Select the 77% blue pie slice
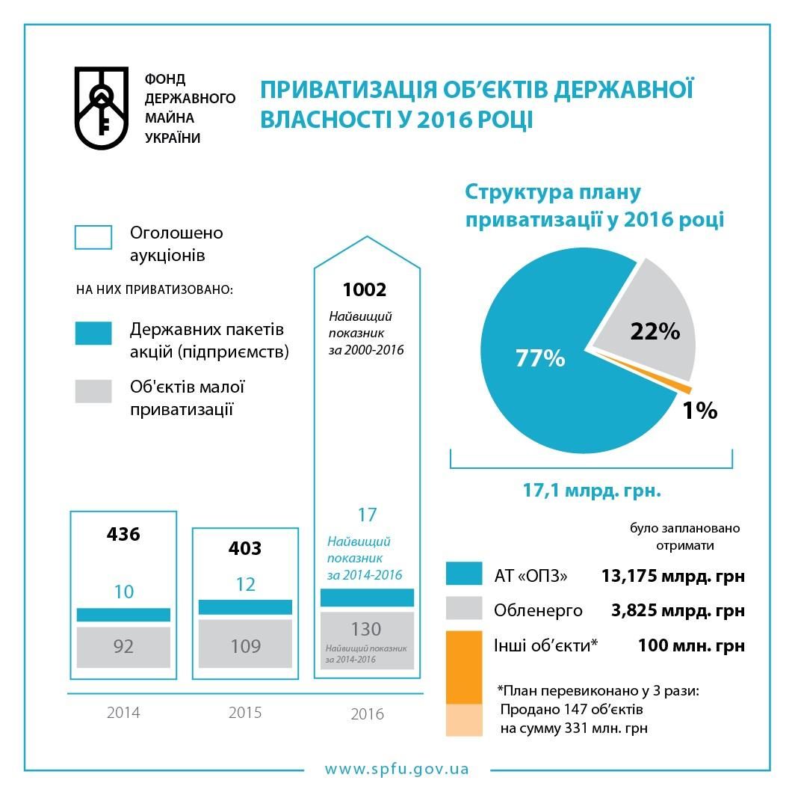click(x=545, y=366)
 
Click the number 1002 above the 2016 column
click(x=364, y=289)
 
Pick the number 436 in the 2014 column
click(x=123, y=534)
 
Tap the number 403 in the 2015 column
click(x=245, y=548)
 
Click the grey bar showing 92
click(x=123, y=646)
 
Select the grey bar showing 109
click(x=245, y=646)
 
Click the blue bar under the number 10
click(x=123, y=614)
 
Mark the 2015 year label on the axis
click(x=245, y=712)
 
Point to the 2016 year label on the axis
click(x=367, y=714)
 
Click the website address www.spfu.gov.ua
click(x=397, y=769)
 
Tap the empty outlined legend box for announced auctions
click(x=93, y=237)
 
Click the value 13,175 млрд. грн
click(x=672, y=576)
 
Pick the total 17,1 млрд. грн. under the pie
click(x=591, y=491)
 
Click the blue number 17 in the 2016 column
click(x=367, y=515)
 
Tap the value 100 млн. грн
click(x=691, y=645)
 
